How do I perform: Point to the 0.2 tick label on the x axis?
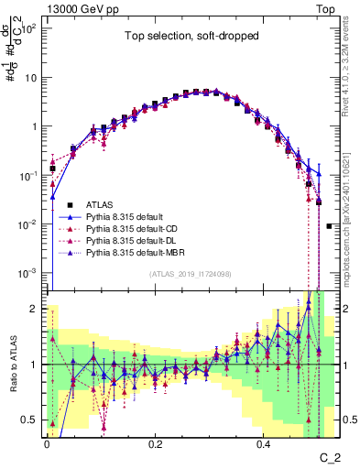(x=156, y=446)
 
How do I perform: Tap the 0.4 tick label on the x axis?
(x=263, y=446)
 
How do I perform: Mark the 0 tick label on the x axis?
(x=48, y=446)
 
